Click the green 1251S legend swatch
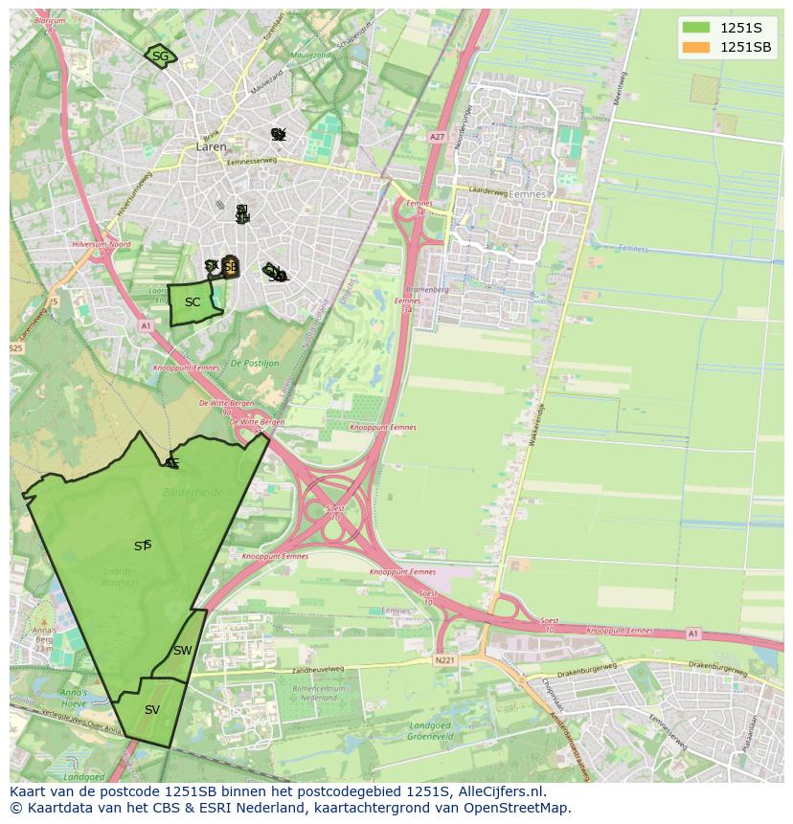(x=696, y=29)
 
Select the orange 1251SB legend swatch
(x=696, y=48)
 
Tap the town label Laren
(x=211, y=147)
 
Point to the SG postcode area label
(x=160, y=56)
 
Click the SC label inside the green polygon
(x=193, y=302)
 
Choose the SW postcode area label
(x=182, y=651)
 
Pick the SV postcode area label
(x=152, y=710)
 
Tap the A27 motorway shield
(x=437, y=138)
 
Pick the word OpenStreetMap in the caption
(x=517, y=808)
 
